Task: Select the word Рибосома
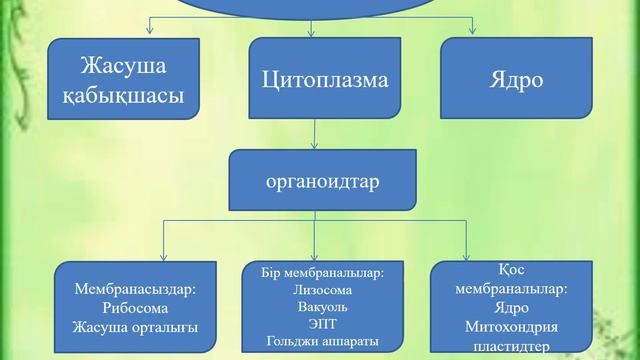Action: point(136,308)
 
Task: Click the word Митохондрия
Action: point(511,327)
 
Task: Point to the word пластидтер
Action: point(511,346)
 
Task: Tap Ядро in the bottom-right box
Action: point(511,308)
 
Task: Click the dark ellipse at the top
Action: point(320,8)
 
